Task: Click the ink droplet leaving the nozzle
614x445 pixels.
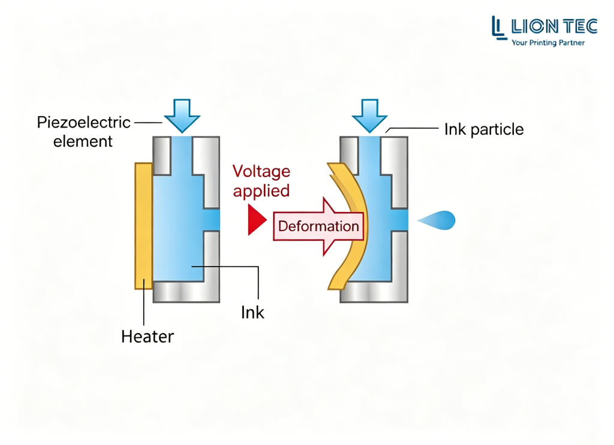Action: tap(438, 220)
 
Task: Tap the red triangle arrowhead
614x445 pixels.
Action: tap(257, 220)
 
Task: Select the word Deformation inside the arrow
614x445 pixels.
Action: tap(318, 226)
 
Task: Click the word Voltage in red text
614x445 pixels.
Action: tap(261, 172)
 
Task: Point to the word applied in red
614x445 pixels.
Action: tap(261, 191)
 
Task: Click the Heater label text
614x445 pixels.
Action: tap(148, 337)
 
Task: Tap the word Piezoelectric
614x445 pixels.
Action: tap(83, 122)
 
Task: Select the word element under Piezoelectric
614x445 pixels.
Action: tap(83, 141)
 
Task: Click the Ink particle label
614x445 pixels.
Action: tap(484, 129)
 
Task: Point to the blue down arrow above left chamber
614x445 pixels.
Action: tap(182, 116)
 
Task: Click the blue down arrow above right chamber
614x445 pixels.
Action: tap(369, 116)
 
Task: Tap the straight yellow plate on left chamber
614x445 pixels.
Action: tap(144, 226)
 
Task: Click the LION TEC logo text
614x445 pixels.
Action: tap(544, 26)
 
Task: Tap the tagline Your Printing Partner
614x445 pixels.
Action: tap(548, 43)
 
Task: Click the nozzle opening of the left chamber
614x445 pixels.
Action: tap(212, 220)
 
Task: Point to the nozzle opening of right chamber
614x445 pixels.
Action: tap(400, 220)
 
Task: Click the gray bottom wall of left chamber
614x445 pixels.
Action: tap(186, 292)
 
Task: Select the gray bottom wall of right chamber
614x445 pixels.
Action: tap(374, 292)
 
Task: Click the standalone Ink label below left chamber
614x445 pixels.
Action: tap(252, 313)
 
